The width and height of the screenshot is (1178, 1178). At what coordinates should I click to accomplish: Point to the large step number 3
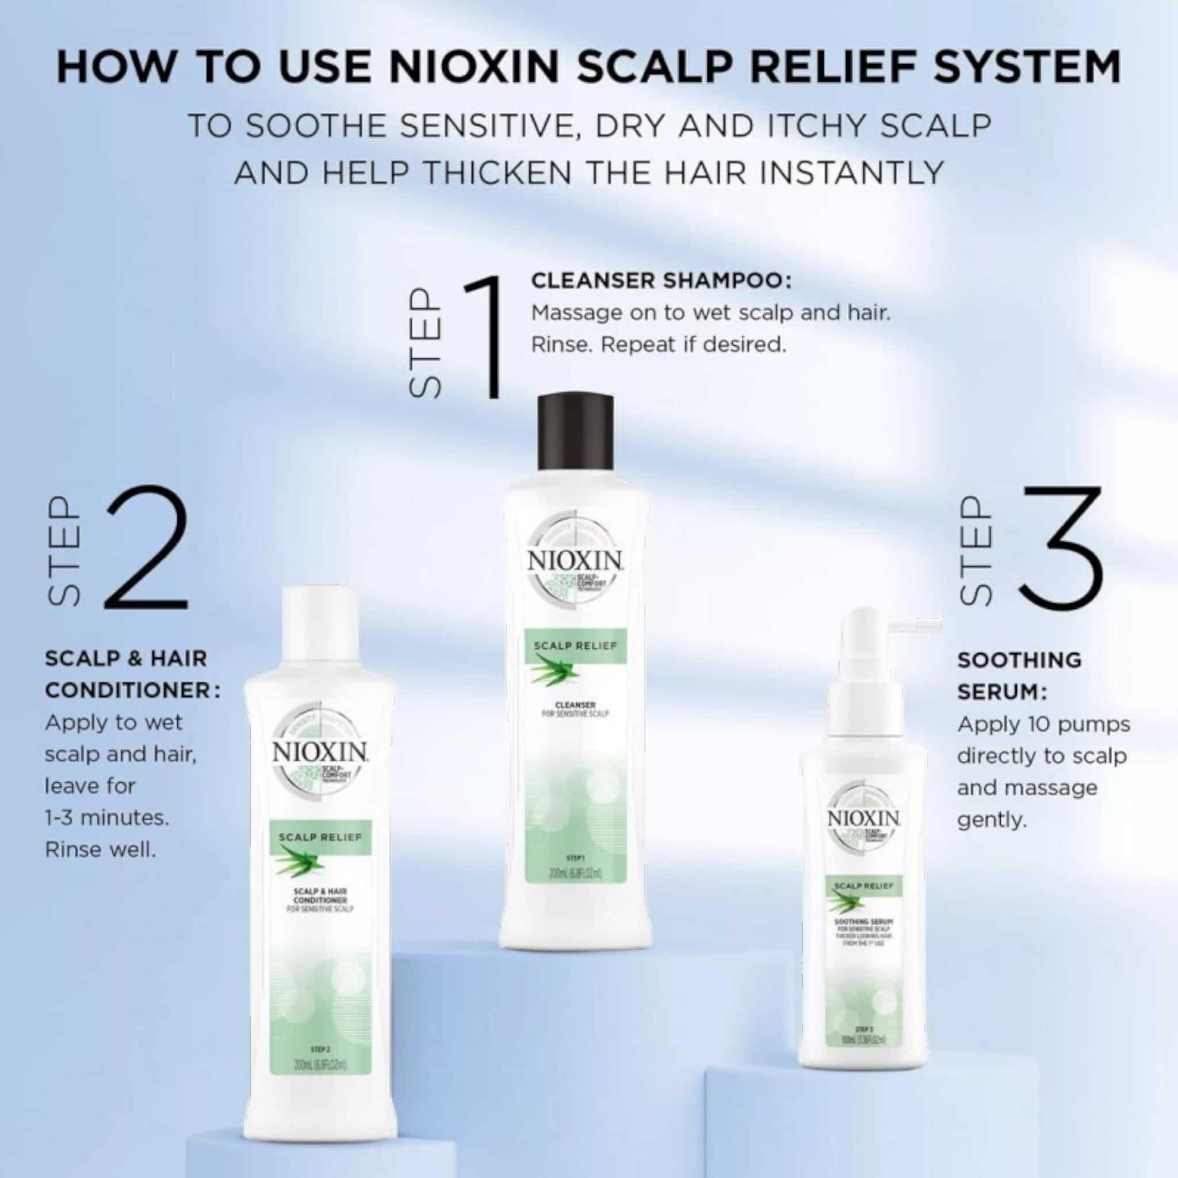tap(1062, 548)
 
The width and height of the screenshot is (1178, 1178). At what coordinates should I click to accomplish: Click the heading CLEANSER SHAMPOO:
tap(661, 281)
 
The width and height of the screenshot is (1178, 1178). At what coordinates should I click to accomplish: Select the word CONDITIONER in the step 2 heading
tap(128, 691)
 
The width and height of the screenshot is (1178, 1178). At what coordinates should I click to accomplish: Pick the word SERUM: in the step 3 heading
tap(1003, 692)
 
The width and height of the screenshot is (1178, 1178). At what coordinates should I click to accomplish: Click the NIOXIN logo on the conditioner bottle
tap(319, 751)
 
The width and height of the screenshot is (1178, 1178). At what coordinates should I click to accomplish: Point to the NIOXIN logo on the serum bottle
tap(864, 819)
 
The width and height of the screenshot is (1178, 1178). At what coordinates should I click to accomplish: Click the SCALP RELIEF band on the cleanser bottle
tap(575, 646)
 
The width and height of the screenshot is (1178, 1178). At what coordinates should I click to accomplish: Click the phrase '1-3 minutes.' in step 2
tap(107, 818)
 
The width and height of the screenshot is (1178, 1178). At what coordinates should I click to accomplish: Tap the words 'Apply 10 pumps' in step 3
tap(1043, 724)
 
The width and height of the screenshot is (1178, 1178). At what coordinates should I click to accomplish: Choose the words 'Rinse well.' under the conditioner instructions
tap(101, 850)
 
